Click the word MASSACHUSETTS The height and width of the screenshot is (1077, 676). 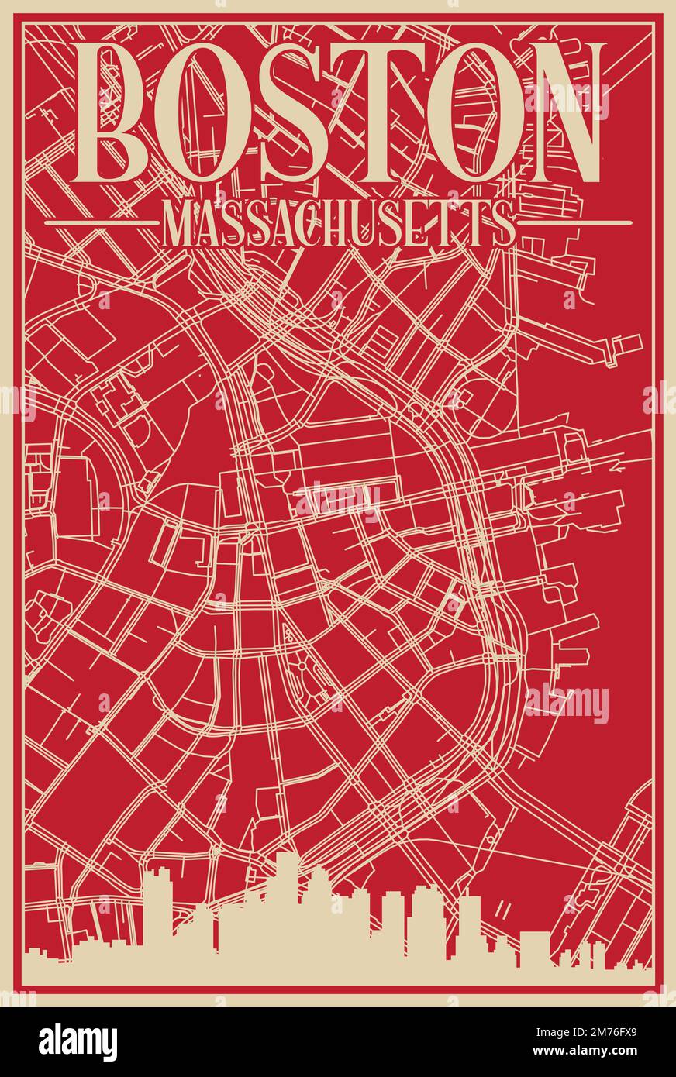click(x=338, y=223)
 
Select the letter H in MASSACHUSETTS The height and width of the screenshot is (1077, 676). click(x=348, y=223)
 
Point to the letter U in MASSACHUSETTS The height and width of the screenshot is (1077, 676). click(x=378, y=223)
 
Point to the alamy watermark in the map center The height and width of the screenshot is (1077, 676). click(x=338, y=502)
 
